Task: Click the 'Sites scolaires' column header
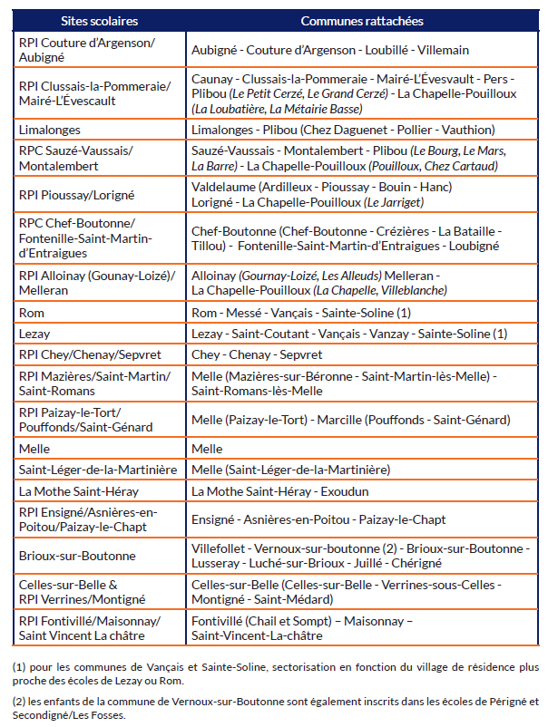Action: coord(98,20)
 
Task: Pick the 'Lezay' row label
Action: coord(34,334)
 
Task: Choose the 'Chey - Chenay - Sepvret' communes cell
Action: coord(257,354)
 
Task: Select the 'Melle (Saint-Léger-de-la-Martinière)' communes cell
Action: coord(290,470)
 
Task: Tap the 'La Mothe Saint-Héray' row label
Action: coord(76,490)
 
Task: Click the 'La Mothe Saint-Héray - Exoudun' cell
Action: coord(282,490)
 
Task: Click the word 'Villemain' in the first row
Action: coord(444,50)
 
